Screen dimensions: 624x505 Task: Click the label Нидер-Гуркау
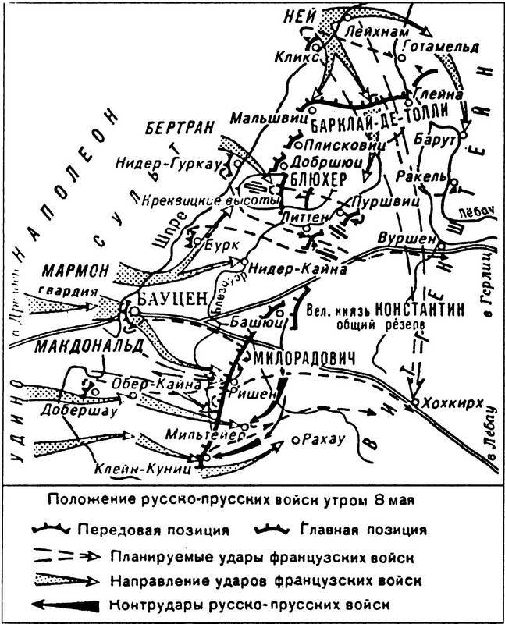point(154,163)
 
